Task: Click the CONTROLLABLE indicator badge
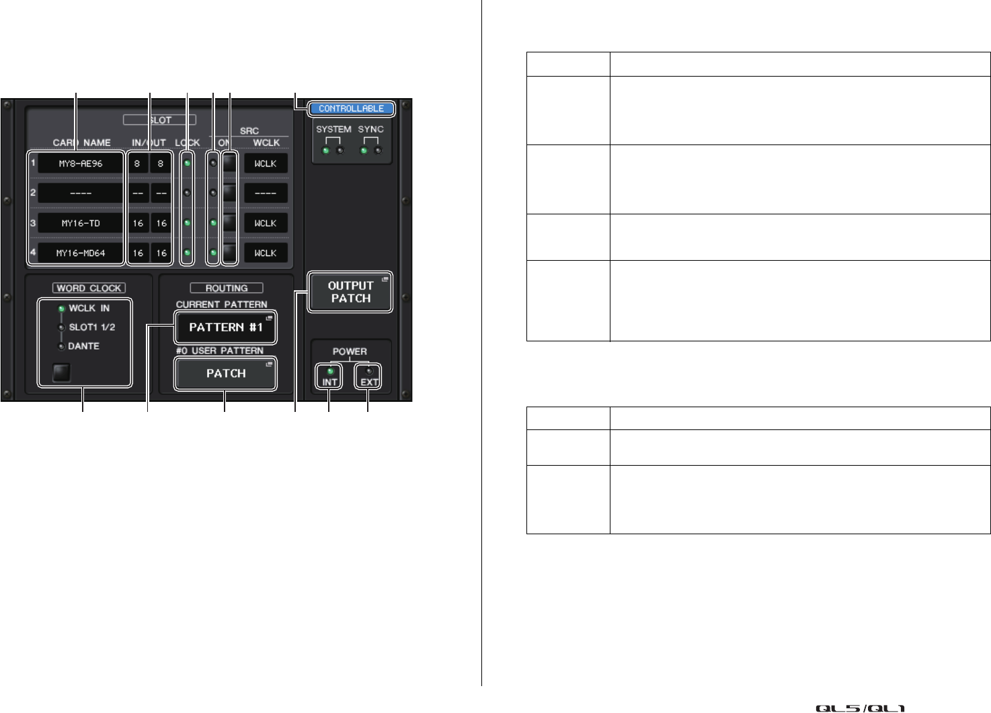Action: tap(351, 108)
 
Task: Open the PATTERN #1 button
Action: tap(225, 328)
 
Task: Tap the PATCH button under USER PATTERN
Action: tap(225, 374)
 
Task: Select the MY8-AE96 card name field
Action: tap(81, 163)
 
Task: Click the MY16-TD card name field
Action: tap(81, 223)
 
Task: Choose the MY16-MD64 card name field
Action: tap(81, 253)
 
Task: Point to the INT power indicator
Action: tap(329, 376)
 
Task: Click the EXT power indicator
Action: tap(369, 376)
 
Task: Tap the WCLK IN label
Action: tap(89, 308)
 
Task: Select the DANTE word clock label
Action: tap(83, 346)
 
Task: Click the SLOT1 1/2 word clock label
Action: tap(91, 327)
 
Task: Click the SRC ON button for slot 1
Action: tap(231, 163)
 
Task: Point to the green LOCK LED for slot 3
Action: tap(187, 222)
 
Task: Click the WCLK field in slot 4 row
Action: tap(266, 253)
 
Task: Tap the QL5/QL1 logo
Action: tap(860, 708)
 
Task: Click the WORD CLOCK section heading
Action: tap(89, 288)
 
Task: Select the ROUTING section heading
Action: tap(227, 288)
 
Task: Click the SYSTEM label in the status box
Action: tap(333, 129)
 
